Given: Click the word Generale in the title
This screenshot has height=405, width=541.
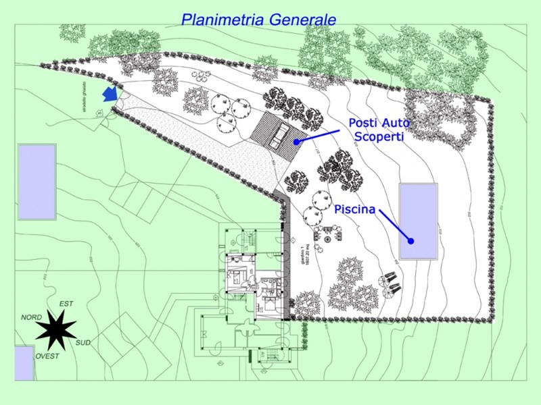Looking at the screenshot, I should (302, 19).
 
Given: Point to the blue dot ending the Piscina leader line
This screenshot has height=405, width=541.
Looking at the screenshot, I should (410, 241).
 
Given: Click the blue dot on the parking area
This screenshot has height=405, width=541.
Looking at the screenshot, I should (296, 142).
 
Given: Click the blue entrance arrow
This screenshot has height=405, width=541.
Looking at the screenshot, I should (109, 94).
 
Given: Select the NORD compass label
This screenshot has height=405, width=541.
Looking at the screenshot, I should (31, 317).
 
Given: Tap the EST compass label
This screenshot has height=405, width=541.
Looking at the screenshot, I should (66, 304).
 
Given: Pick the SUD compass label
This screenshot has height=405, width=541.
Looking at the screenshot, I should (83, 343).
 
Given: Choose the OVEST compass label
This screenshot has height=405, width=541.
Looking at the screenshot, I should (47, 356).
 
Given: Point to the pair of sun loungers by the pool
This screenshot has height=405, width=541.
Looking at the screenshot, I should (391, 283).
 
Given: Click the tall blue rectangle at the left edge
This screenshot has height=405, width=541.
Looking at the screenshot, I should (37, 181).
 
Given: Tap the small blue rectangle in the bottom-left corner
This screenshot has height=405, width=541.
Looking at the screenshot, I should (24, 363).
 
